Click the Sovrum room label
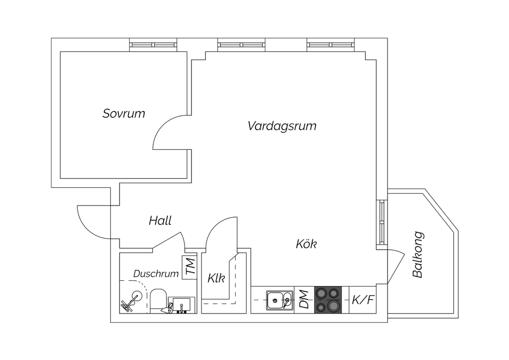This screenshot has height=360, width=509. (x=124, y=113)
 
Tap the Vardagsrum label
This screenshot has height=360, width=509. (x=282, y=126)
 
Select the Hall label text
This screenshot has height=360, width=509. (x=160, y=221)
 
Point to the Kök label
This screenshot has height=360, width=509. (x=306, y=244)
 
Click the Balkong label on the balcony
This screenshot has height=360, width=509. (x=418, y=255)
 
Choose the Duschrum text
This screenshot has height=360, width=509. (x=156, y=274)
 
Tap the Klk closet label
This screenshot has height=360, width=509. (x=216, y=278)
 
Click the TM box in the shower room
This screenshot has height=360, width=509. (x=189, y=267)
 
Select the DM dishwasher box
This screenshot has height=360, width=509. (x=304, y=300)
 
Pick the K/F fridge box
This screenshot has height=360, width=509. (x=362, y=300)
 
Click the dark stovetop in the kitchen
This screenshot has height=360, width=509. (x=328, y=300)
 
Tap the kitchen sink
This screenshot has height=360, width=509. (x=280, y=300)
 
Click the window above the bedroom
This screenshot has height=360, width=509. (x=153, y=45)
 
